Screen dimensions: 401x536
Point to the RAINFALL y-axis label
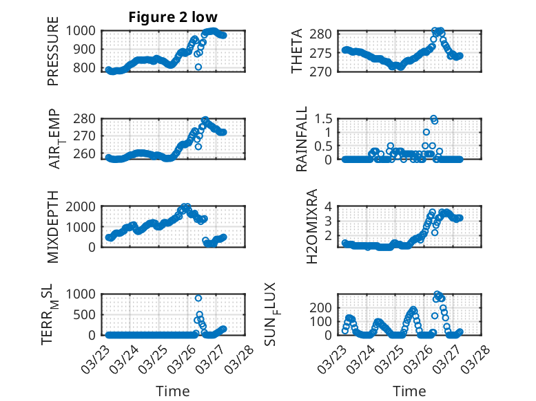click(301, 140)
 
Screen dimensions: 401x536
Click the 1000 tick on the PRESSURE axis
click(83, 31)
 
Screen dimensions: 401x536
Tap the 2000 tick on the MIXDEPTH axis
click(83, 206)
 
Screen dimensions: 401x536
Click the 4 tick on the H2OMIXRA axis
click(329, 206)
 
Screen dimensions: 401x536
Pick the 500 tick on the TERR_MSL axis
click(87, 314)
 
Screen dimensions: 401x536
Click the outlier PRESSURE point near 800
click(198, 67)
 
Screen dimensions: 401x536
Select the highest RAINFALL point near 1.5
click(433, 118)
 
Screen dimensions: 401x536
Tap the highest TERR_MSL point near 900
click(198, 298)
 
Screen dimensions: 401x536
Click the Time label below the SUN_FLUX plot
click(409, 391)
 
